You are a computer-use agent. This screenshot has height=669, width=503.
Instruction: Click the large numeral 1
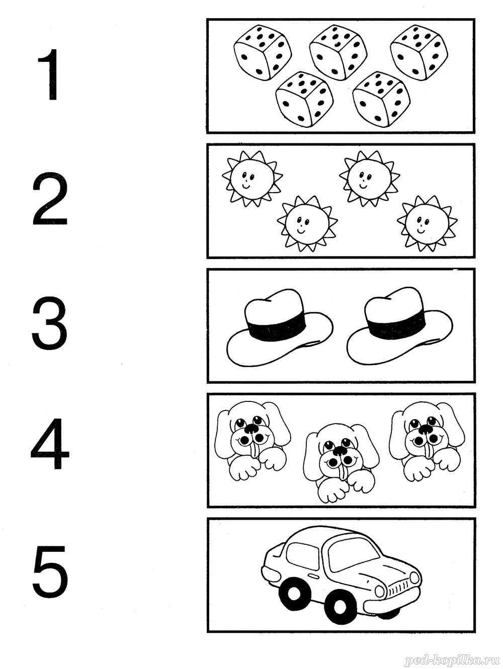pos(50,74)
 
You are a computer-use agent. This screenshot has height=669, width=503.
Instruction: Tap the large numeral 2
pos(49,198)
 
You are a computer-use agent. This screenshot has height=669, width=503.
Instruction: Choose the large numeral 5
pos(50,572)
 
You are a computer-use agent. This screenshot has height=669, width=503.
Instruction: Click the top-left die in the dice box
pos(263,52)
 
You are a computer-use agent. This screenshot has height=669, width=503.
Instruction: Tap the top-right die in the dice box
pos(419,52)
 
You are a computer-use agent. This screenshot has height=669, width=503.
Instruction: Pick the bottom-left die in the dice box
pos(304,100)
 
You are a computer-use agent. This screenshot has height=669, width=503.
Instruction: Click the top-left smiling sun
pos(253,179)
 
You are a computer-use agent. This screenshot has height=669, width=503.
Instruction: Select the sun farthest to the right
pos(427,223)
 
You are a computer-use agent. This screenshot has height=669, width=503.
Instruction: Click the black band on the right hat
pos(396,324)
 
